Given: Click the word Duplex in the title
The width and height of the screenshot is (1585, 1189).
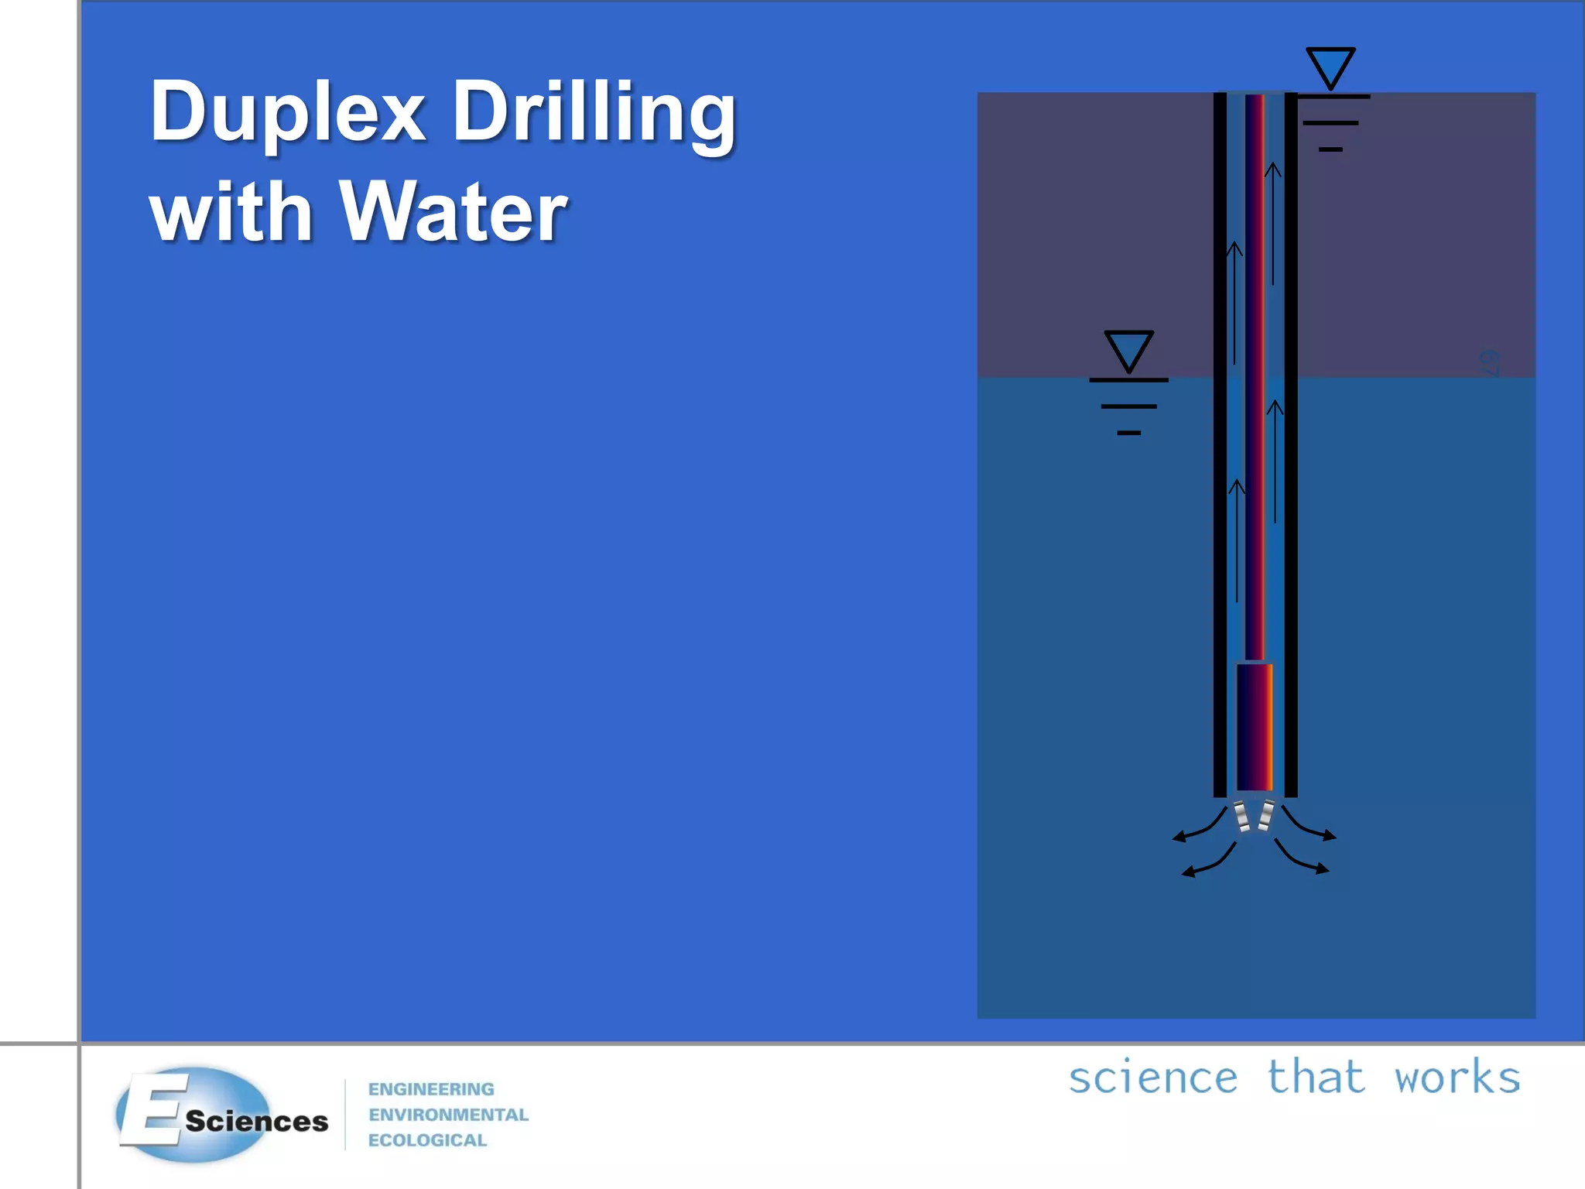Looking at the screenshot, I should pos(287,113).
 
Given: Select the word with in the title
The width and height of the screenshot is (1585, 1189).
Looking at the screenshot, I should pos(231,211).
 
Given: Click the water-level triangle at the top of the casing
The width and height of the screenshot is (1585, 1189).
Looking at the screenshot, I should pos(1330,67).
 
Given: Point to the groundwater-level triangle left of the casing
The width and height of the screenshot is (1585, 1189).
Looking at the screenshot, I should pos(1128,350).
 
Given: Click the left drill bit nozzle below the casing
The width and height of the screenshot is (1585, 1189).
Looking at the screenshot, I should pos(1241,816).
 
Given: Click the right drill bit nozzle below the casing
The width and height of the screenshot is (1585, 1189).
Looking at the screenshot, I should pos(1266,816).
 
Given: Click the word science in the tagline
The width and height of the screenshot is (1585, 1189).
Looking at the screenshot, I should pos(1153,1078).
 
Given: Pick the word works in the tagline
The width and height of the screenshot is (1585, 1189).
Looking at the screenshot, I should pos(1457,1078).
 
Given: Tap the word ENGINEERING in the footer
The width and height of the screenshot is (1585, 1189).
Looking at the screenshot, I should pos(431,1089).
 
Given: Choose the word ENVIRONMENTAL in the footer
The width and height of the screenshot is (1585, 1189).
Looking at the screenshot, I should pos(448,1115).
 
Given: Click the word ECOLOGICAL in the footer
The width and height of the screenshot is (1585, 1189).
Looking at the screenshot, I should pos(427,1140).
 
